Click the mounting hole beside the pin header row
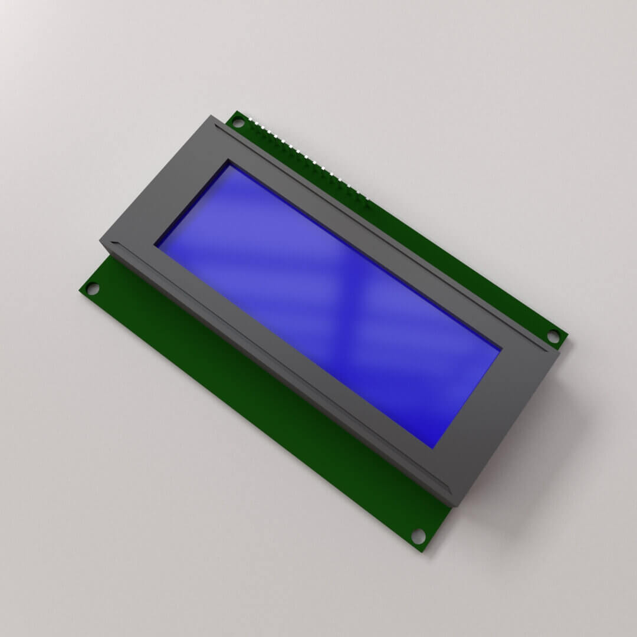[x=238, y=123]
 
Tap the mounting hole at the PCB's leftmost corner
[x=92, y=289]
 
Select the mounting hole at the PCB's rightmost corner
[x=553, y=337]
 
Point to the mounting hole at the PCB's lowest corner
[x=418, y=536]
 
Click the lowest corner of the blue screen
[x=434, y=446]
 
